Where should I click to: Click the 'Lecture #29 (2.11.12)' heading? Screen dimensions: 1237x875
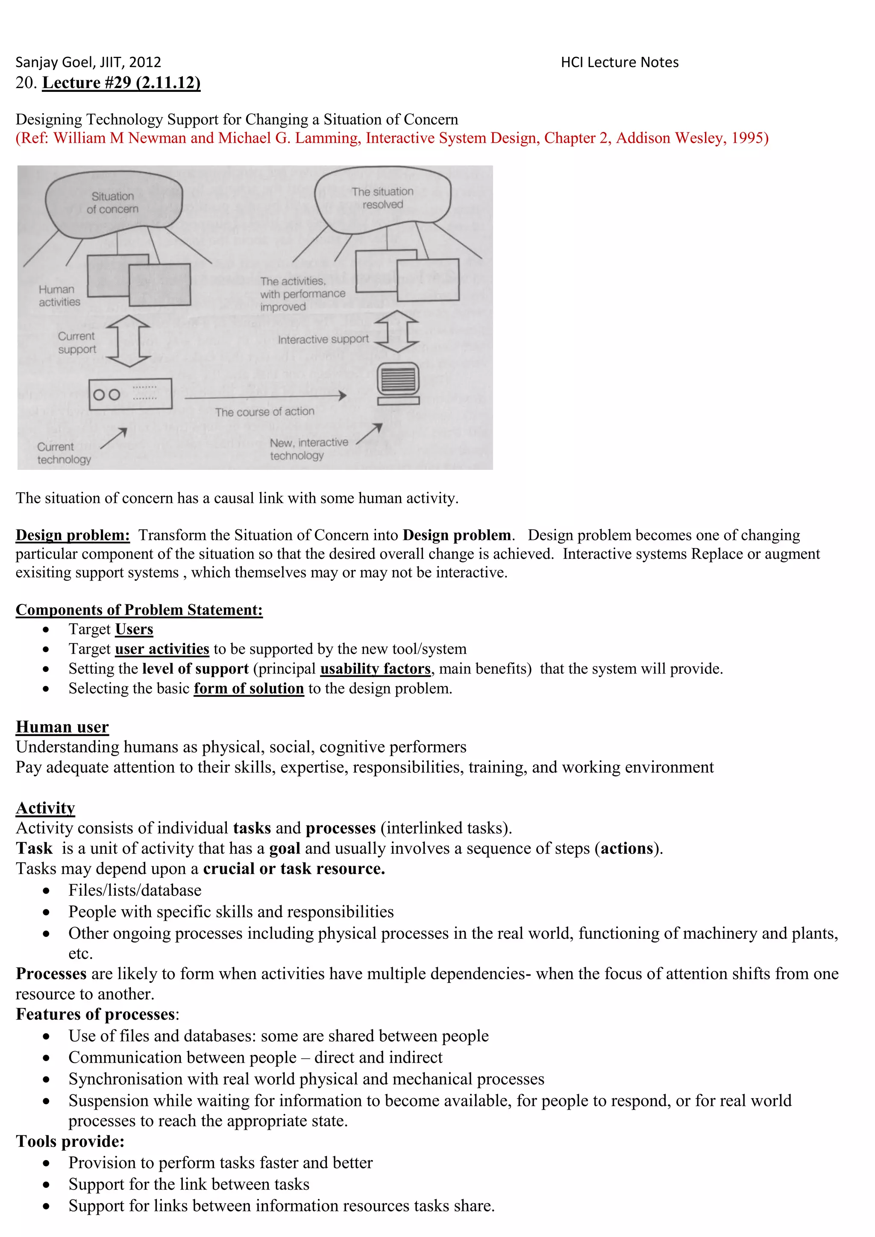(121, 83)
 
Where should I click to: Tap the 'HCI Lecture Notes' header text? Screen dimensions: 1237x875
(619, 62)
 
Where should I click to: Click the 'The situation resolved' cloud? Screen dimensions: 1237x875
(382, 198)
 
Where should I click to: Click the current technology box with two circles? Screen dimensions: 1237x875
(130, 394)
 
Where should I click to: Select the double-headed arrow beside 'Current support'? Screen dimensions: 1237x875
(128, 341)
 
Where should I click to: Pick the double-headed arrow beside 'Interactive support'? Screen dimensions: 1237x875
(396, 331)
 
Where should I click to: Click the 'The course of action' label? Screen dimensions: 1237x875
(264, 412)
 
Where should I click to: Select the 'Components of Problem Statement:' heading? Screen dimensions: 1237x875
(139, 610)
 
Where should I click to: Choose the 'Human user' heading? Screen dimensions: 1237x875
(62, 727)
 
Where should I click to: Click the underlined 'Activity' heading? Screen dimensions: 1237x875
(45, 808)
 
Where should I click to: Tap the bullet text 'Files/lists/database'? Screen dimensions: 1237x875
(135, 890)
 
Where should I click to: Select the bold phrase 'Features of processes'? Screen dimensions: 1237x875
(95, 1014)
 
